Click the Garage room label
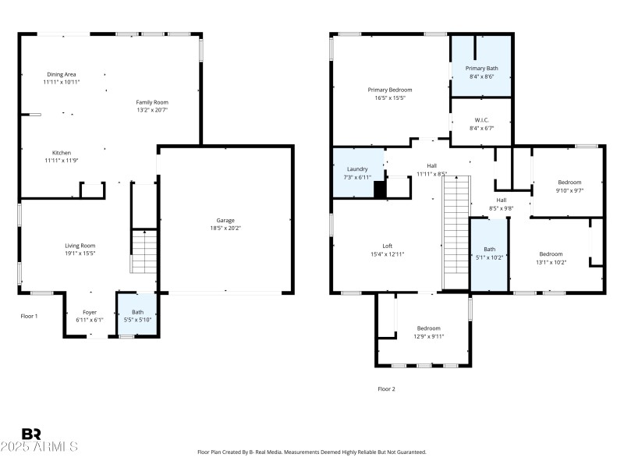(x=225, y=220)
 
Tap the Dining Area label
(x=62, y=74)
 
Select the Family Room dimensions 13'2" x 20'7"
(x=152, y=110)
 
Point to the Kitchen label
(x=62, y=153)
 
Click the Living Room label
(x=80, y=246)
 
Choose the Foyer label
(x=90, y=312)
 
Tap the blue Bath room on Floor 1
(x=137, y=315)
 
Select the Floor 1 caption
(x=29, y=316)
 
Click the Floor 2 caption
(x=386, y=388)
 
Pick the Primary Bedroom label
(x=387, y=90)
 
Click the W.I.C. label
(x=481, y=120)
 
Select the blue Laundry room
(x=357, y=172)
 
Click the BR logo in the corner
(x=31, y=434)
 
